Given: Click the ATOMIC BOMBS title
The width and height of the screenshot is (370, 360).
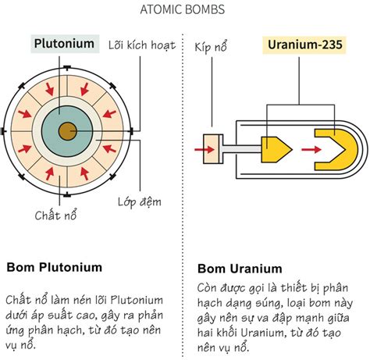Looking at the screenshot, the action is point(182,9).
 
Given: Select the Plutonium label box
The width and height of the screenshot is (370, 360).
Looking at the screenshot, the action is point(65,44).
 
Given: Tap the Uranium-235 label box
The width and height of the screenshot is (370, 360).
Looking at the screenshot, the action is point(304,45).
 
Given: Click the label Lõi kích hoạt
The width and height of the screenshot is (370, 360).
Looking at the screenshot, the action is point(142,45).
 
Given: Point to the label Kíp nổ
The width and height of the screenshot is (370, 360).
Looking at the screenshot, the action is point(211,47).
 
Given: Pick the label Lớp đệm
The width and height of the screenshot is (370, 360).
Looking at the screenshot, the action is point(140,202).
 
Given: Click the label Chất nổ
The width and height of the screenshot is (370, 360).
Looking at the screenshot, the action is point(55,216).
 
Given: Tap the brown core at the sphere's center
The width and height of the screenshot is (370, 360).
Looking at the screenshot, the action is point(67,131).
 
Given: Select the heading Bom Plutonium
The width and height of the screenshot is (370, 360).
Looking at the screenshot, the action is point(54,267).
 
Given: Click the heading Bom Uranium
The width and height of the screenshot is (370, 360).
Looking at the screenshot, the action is point(240,269).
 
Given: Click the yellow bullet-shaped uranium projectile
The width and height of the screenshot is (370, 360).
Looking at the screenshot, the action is point(276,149).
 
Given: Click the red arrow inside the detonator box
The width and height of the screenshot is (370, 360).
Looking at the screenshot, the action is point(205,149).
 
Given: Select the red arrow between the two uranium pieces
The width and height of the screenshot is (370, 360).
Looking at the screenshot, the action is point(311,149).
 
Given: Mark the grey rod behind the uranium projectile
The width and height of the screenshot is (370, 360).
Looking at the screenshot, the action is point(242,149).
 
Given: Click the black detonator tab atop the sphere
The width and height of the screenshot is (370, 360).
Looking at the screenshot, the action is point(67,68).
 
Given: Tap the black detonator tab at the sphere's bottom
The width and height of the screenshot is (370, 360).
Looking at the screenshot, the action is point(67,194).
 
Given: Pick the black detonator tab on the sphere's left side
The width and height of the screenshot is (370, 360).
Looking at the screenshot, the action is point(3,131).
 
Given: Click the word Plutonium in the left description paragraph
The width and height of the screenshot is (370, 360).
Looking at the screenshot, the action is point(137,300).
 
